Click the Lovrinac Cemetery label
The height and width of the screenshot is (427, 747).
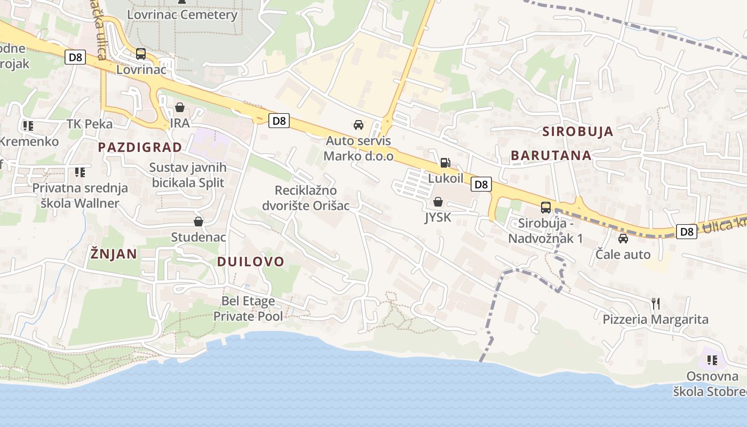point(182,14)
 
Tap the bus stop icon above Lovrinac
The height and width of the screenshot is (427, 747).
point(141,53)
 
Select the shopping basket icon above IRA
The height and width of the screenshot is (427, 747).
point(180,107)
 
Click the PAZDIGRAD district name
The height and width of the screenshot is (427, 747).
point(140,147)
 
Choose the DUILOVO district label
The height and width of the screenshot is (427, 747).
point(251,262)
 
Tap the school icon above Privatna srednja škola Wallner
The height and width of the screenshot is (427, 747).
point(80,172)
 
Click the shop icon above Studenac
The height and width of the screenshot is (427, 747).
point(198,221)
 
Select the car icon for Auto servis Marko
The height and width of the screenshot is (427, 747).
point(359,125)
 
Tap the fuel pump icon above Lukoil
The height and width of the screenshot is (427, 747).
point(445,162)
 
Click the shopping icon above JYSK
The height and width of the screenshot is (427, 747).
point(438,202)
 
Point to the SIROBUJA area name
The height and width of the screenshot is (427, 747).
point(578,132)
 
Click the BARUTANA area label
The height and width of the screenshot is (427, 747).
point(551,155)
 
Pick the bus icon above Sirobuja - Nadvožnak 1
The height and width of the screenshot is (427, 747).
point(546,207)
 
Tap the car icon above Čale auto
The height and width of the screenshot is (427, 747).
point(623,239)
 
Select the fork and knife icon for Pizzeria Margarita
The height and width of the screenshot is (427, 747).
point(656,304)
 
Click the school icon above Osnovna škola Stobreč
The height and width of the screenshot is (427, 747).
point(712,360)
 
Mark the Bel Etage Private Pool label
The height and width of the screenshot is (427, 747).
point(248,309)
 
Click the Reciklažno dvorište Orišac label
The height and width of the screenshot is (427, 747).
point(306,198)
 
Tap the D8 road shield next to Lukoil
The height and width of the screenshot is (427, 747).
point(481,185)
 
